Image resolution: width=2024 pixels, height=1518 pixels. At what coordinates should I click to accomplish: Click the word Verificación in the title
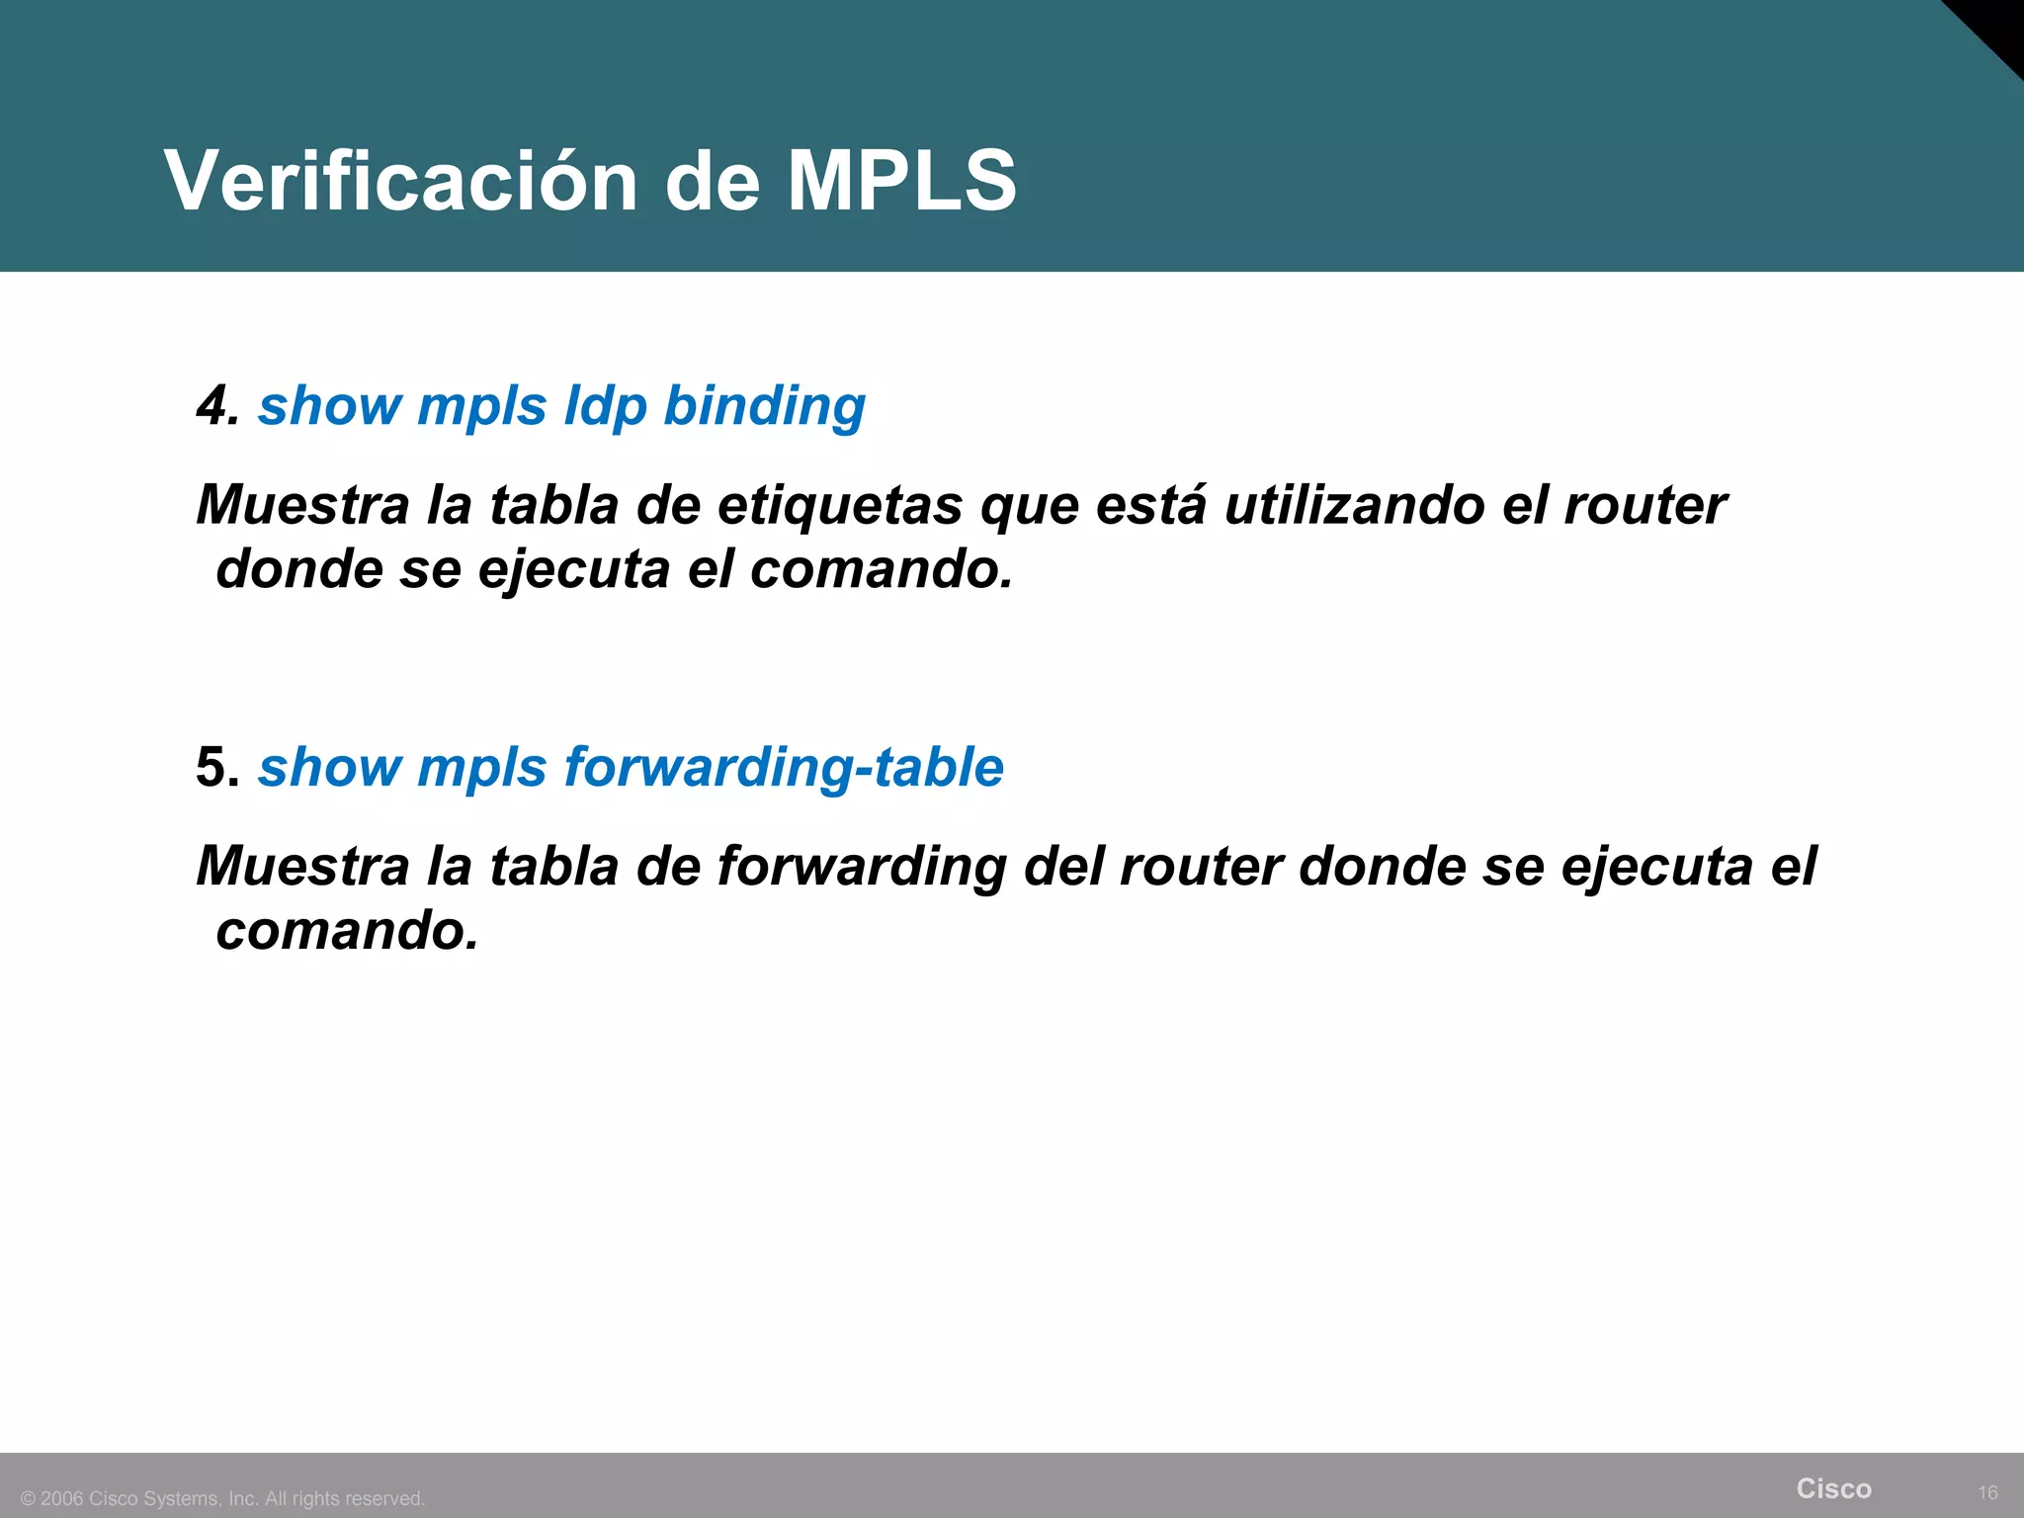point(400,181)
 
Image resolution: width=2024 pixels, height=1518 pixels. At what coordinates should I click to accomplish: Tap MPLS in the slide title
point(901,181)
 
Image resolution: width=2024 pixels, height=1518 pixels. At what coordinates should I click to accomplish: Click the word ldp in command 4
point(604,406)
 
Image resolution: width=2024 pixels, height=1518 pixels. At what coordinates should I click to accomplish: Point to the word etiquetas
point(839,505)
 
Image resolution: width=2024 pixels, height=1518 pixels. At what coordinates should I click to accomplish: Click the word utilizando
point(1354,505)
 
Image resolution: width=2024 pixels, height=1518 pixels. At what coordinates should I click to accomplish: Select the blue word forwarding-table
point(784,767)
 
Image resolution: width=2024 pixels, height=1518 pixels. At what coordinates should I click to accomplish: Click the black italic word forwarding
point(861,867)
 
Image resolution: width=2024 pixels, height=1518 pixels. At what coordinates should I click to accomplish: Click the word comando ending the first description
point(881,570)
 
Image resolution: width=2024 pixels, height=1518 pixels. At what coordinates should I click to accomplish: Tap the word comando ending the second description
point(347,931)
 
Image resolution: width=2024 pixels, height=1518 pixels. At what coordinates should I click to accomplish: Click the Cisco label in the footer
point(1833,1488)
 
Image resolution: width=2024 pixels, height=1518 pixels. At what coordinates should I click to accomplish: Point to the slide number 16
point(1987,1492)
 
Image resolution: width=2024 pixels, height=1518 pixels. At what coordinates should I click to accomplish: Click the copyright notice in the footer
point(223,1498)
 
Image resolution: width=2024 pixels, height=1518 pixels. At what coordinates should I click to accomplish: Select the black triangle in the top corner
point(1996,25)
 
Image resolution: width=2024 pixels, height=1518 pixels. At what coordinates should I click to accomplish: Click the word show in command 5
point(327,767)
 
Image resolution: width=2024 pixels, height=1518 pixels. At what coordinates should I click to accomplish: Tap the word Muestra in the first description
point(302,505)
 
